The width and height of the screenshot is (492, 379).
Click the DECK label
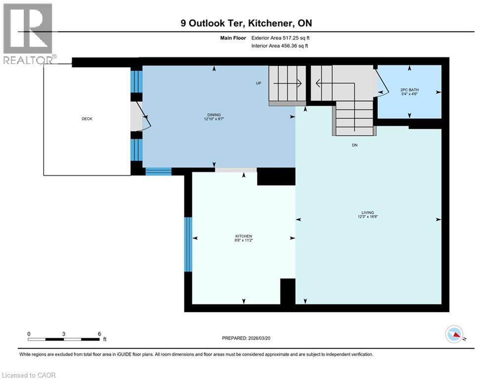[87, 119]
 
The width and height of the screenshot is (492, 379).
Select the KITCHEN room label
[244, 236]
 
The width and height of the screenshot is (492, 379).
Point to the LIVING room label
[367, 212]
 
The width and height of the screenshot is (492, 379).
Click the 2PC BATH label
[409, 89]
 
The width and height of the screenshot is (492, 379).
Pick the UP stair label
[258, 83]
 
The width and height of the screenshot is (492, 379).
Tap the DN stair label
[355, 145]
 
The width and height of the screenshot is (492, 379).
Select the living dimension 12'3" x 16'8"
[367, 217]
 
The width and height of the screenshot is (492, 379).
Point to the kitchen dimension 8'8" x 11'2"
[244, 240]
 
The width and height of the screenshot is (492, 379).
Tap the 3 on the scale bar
[64, 334]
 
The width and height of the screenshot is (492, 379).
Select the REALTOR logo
[28, 34]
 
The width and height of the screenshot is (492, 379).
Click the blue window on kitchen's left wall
[188, 244]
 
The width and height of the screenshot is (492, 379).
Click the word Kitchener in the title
[270, 23]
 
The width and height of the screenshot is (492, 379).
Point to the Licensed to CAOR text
[29, 375]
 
